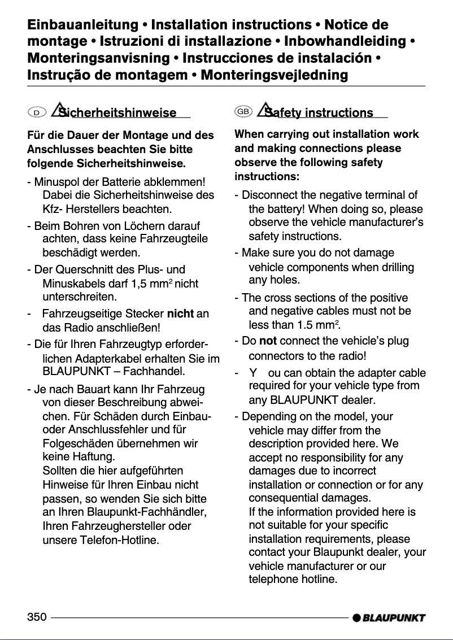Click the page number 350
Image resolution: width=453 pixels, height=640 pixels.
(x=37, y=617)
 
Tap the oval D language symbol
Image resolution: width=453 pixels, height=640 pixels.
(x=37, y=113)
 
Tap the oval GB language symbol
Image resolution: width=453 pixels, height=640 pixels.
(x=243, y=112)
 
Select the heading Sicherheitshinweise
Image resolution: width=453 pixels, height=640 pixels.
(x=121, y=113)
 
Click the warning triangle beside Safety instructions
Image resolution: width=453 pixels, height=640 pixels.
(x=264, y=110)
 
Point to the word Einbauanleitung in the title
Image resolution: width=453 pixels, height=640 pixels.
(x=83, y=25)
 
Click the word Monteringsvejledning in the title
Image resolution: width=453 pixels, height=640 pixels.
(x=275, y=75)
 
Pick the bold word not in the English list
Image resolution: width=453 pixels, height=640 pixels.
(x=268, y=341)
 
